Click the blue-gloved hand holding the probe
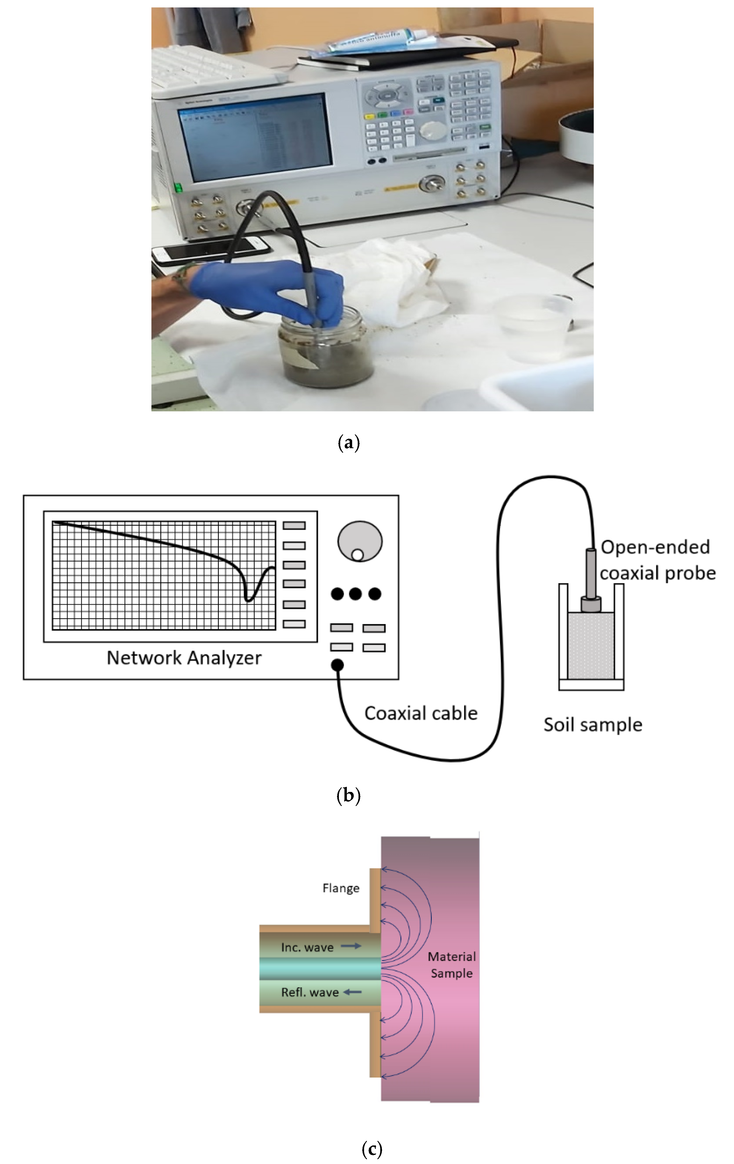[x=270, y=290]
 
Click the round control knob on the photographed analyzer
[x=431, y=129]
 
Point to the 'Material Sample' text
[x=451, y=965]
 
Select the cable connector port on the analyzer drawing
[x=337, y=665]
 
